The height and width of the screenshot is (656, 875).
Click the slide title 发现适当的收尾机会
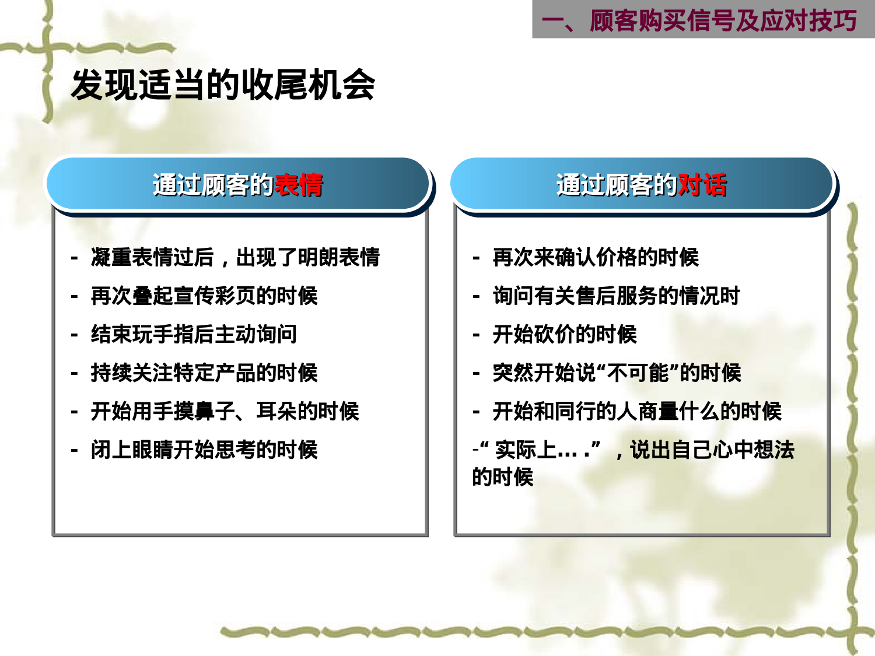pyautogui.click(x=223, y=85)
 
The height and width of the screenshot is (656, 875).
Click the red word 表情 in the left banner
pyautogui.click(x=298, y=185)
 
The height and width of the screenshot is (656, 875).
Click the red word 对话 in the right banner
pyautogui.click(x=702, y=185)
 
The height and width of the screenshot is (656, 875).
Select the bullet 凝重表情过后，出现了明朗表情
pyautogui.click(x=235, y=257)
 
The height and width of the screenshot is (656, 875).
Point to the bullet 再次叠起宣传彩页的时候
pyautogui.click(x=204, y=296)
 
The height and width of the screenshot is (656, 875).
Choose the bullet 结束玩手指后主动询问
pyautogui.click(x=194, y=334)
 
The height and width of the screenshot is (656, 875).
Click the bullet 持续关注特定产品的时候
pyautogui.click(x=204, y=373)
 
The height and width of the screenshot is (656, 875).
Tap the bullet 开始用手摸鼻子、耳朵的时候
pyautogui.click(x=225, y=411)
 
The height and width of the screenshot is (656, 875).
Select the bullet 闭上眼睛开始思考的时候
pyautogui.click(x=204, y=450)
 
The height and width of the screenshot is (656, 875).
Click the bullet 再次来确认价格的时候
pyautogui.click(x=595, y=257)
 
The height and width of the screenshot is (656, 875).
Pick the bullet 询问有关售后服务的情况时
pyautogui.click(x=616, y=296)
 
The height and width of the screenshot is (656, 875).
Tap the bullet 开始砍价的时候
pyautogui.click(x=564, y=334)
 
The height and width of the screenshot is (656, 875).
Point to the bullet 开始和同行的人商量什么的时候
pyautogui.click(x=636, y=411)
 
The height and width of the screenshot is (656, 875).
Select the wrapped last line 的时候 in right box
pyautogui.click(x=503, y=477)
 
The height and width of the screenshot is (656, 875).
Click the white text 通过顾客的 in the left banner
pyautogui.click(x=213, y=185)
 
